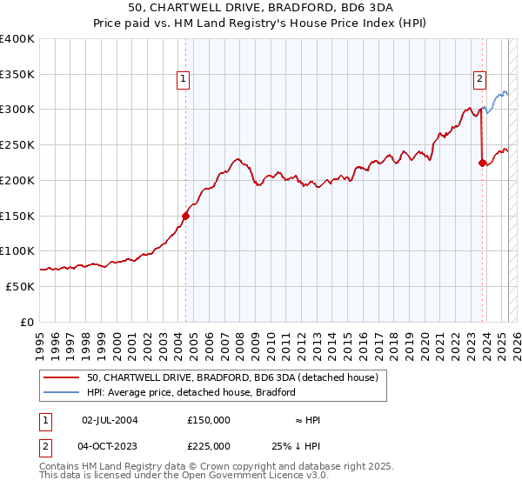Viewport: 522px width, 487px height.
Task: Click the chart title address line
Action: [x=261, y=7]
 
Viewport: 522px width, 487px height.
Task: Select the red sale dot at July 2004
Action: [x=185, y=216]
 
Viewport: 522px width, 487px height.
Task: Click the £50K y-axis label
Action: [x=20, y=286]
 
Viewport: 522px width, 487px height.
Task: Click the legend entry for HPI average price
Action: [x=191, y=392]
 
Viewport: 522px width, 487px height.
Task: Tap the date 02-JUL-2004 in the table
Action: [x=110, y=420]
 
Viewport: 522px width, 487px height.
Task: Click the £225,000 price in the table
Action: [x=209, y=446]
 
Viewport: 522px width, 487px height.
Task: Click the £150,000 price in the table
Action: [x=209, y=420]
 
